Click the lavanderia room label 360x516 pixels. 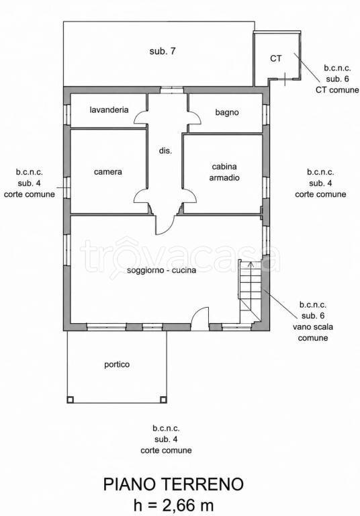point(109,110)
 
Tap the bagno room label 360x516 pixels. point(227,112)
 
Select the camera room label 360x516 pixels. point(108,172)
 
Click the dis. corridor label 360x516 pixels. point(165,151)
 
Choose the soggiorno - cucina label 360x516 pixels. point(162,270)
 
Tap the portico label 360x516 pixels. point(117,365)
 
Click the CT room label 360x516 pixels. point(276,58)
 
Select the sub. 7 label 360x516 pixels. point(163,51)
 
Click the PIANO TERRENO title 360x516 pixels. point(173,484)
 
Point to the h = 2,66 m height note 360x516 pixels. point(173,505)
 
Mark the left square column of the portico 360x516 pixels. point(70,400)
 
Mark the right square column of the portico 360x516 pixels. point(163,400)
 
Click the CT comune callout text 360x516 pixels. point(337,90)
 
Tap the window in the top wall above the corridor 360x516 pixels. point(172,89)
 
